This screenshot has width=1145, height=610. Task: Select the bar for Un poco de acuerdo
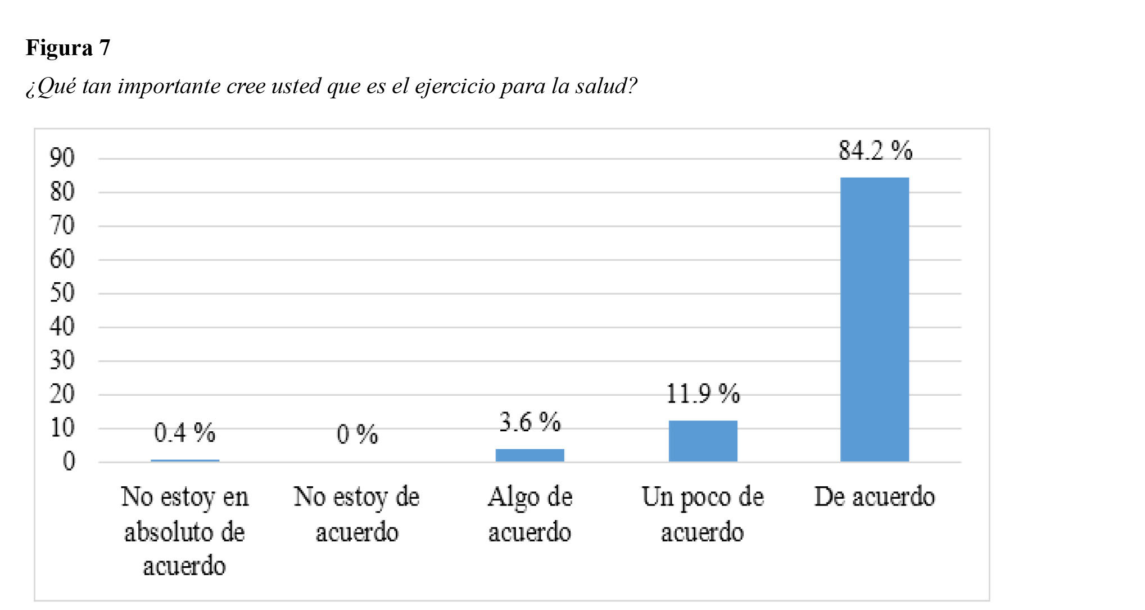coord(703,441)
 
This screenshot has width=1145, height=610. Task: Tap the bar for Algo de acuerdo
coord(529,455)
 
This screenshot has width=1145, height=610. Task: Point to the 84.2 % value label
coord(875,151)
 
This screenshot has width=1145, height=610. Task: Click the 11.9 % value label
coord(703,394)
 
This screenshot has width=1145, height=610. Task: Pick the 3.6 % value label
coord(529,422)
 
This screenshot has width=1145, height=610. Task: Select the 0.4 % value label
coord(184,433)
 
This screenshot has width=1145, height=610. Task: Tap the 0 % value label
coord(357,435)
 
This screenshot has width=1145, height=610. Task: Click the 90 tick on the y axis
coord(62,158)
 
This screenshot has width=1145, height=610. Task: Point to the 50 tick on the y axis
coord(62,293)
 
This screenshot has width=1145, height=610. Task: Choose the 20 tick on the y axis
coord(62,394)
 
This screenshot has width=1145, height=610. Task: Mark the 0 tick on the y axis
coord(69,462)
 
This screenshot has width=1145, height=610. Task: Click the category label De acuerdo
coord(875,497)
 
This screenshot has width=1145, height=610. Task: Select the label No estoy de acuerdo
coord(357,514)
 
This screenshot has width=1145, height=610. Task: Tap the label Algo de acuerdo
coord(529,514)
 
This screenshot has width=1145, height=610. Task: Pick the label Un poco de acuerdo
coord(703,514)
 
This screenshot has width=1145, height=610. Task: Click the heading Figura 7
coord(68,48)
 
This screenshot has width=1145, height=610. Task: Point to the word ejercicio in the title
coord(455,87)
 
